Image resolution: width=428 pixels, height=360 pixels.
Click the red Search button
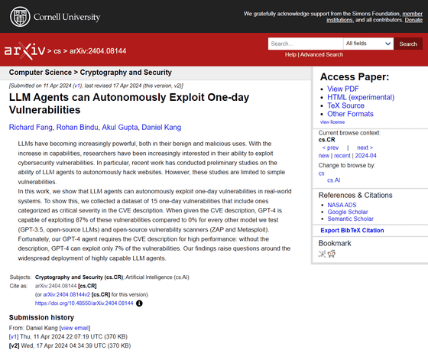click(408, 44)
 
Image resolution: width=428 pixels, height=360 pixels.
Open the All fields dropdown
click(368, 44)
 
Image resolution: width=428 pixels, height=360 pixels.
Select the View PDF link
click(343, 89)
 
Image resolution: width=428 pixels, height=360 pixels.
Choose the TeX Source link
click(345, 106)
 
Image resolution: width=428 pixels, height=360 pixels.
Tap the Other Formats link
click(350, 115)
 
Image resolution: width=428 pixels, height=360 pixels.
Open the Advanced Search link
click(322, 55)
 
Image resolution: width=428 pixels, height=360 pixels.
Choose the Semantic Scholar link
click(352, 221)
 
